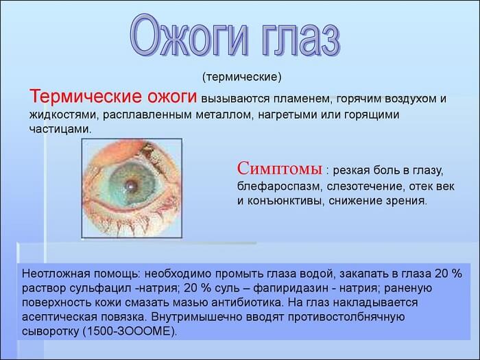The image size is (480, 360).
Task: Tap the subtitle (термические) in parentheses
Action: (x=242, y=76)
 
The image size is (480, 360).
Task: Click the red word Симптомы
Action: (x=280, y=169)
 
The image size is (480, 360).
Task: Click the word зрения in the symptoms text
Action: (x=407, y=201)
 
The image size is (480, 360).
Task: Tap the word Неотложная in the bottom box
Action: (x=53, y=272)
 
